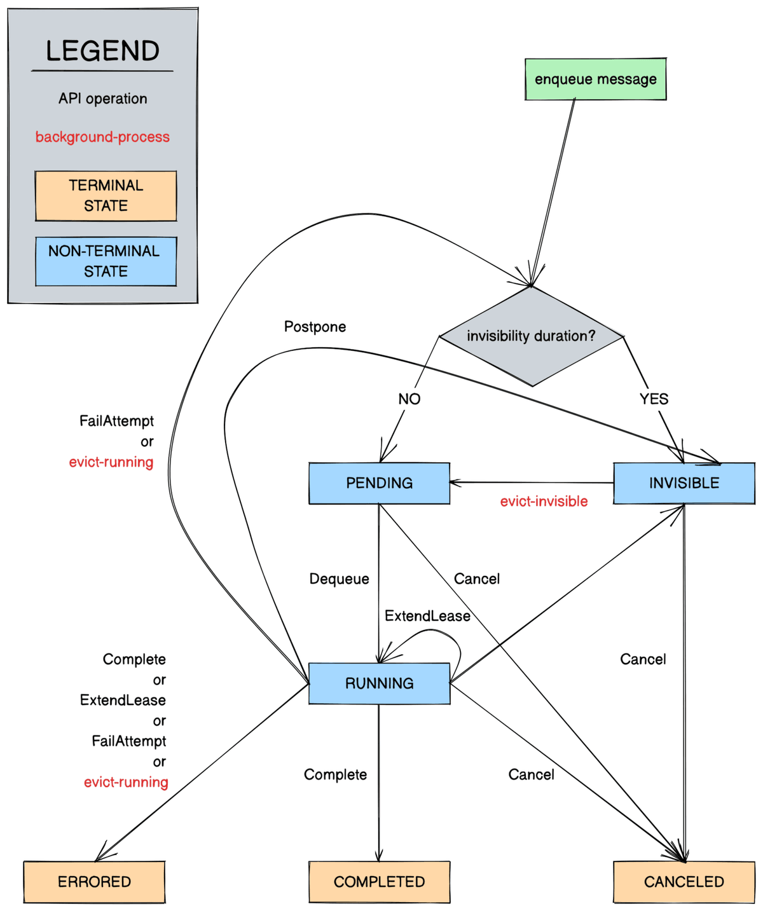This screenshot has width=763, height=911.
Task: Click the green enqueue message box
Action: coord(595,79)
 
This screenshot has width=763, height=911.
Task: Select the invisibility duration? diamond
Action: coord(532,336)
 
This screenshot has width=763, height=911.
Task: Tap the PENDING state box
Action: coord(379,483)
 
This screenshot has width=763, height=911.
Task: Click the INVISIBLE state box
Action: coord(684,483)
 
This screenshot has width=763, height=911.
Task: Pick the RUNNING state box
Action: coord(379,683)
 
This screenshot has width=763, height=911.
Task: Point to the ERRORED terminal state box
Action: coord(94,882)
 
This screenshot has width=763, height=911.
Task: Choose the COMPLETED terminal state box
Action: coord(379,882)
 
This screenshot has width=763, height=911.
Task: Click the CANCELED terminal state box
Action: coord(684,882)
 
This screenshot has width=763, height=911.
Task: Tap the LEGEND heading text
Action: coord(102,51)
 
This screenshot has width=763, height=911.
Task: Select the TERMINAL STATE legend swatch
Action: coord(106,196)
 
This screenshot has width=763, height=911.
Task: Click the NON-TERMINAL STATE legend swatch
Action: coord(106,261)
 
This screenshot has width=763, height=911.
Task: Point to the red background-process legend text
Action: coord(102,137)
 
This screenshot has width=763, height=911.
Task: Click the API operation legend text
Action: coord(102,99)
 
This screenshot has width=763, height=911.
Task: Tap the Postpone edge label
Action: coord(315,327)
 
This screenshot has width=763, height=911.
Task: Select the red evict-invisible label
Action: coord(544,502)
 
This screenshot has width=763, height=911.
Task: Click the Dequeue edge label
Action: coord(339,579)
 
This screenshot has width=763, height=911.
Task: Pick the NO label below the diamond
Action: coord(409,399)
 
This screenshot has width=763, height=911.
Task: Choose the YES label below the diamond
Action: coord(654,399)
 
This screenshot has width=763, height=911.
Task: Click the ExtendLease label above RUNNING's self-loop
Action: coord(427,616)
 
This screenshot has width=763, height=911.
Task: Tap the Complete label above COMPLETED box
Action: coord(335,774)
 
